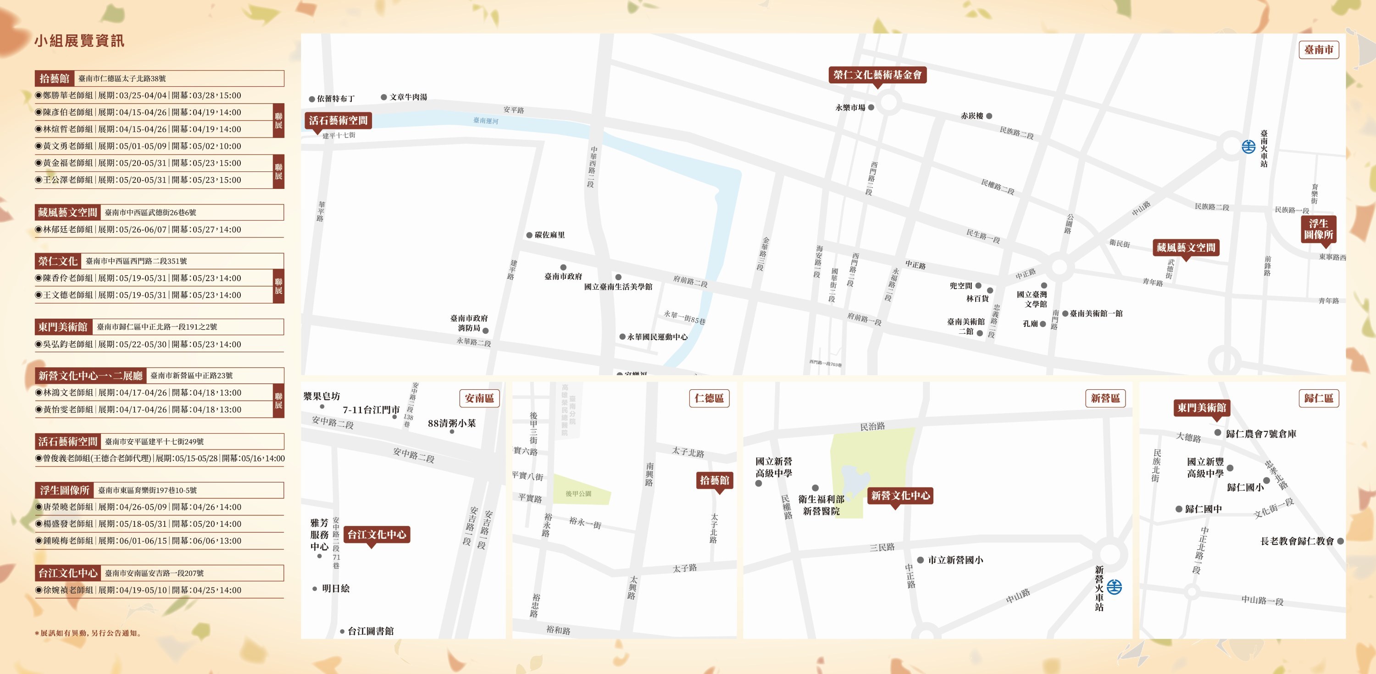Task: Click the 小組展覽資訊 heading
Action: pos(79,41)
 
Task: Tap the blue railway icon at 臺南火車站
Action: pos(1248,146)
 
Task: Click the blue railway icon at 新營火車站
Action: pos(1114,586)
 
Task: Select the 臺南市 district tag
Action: pos(1318,50)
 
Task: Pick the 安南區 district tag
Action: pos(479,398)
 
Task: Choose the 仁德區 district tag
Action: pos(709,398)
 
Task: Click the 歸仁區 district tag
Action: pos(1318,398)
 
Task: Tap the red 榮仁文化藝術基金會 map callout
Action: pos(877,75)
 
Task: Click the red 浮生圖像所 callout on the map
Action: pos(1318,229)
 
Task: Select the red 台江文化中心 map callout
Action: pos(377,534)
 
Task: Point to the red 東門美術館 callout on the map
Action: pos(1201,408)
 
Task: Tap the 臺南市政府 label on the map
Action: pos(563,276)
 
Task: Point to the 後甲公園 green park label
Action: pos(578,493)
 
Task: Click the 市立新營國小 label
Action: pos(955,560)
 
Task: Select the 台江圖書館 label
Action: pos(370,631)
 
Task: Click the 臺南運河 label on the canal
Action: pos(486,121)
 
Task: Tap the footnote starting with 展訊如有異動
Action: pos(89,633)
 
